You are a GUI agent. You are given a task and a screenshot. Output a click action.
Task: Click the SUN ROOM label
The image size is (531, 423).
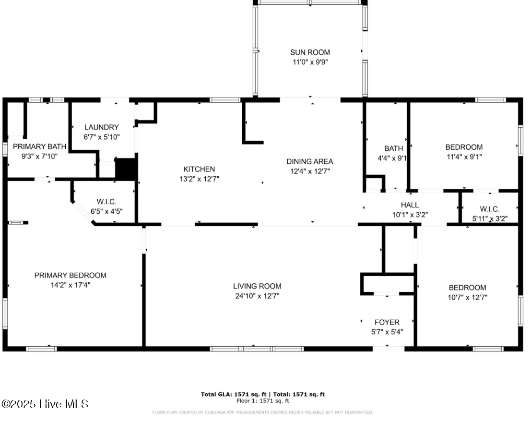coord(310,52)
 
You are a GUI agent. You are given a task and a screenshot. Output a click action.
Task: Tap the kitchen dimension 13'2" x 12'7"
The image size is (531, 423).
coord(199,179)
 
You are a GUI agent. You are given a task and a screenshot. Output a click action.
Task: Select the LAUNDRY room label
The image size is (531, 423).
coord(101,127)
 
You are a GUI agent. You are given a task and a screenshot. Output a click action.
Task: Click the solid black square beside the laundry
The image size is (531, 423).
coord(126,169)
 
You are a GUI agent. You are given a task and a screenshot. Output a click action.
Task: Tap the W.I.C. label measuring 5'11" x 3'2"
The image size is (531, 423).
coord(490,209)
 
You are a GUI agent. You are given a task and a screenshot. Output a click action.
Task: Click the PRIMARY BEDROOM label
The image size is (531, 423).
coord(71,275)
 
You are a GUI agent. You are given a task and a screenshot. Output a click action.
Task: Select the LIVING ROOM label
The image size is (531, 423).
coord(257,286)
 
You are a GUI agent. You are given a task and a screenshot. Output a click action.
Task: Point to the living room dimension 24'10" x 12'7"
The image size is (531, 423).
coord(257,296)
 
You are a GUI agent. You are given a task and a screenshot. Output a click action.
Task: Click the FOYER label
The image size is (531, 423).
coord(387,322)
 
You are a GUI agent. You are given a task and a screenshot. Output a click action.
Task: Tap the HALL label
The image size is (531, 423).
coord(410,205)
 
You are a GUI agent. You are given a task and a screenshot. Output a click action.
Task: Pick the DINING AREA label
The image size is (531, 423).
coord(309,161)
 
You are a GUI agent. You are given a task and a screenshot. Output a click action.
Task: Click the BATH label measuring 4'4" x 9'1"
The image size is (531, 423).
coord(393,148)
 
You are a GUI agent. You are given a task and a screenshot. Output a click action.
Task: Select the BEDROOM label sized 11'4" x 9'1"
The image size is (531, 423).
coord(464,147)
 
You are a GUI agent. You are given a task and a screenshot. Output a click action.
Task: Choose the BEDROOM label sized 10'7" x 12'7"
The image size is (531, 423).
coord(467,288)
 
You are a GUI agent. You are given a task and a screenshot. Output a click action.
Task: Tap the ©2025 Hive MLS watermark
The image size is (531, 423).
coord(45,404)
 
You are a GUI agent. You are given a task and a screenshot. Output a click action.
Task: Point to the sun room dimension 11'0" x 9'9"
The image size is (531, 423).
coord(310,61)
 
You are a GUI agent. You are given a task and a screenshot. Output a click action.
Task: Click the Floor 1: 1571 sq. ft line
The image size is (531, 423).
coord(263,400)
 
